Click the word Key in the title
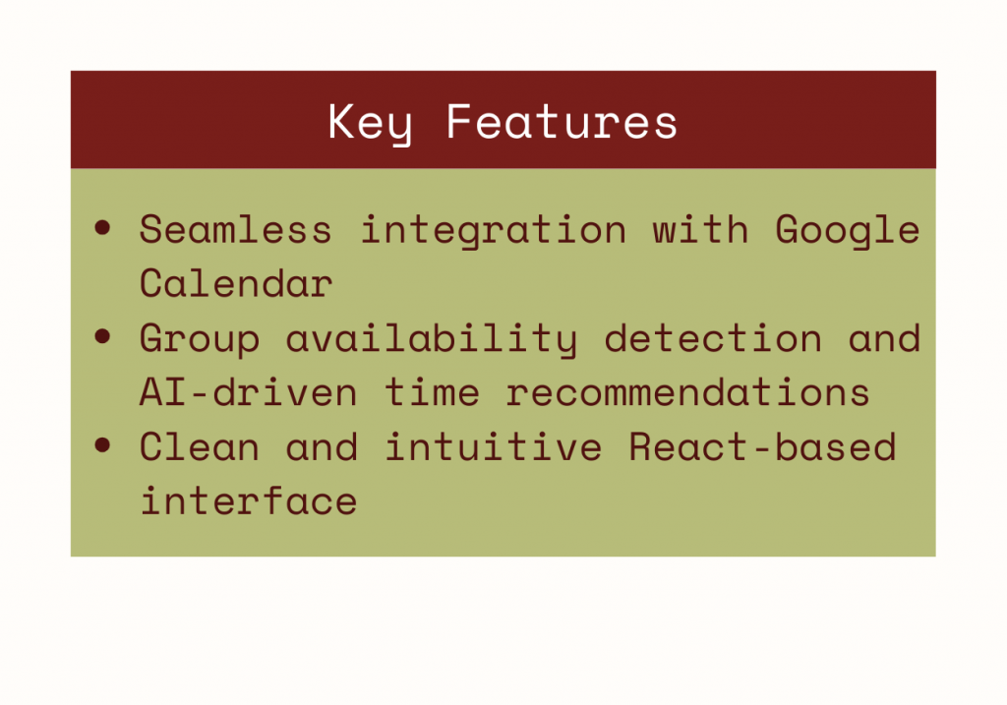pyautogui.click(x=370, y=123)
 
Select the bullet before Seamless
pyautogui.click(x=102, y=227)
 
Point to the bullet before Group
pyautogui.click(x=102, y=336)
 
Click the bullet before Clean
pyautogui.click(x=102, y=444)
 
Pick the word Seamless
pyautogui.click(x=236, y=229)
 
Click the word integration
pyautogui.click(x=493, y=231)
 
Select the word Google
pyautogui.click(x=848, y=231)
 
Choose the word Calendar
pyautogui.click(x=236, y=283)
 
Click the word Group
pyautogui.click(x=200, y=339)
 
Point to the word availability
pyautogui.click(x=432, y=339)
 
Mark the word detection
pyautogui.click(x=713, y=337)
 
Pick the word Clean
pyautogui.click(x=200, y=446)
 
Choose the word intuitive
pyautogui.click(x=493, y=446)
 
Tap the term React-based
pyautogui.click(x=762, y=446)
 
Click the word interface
pyautogui.click(x=248, y=500)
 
